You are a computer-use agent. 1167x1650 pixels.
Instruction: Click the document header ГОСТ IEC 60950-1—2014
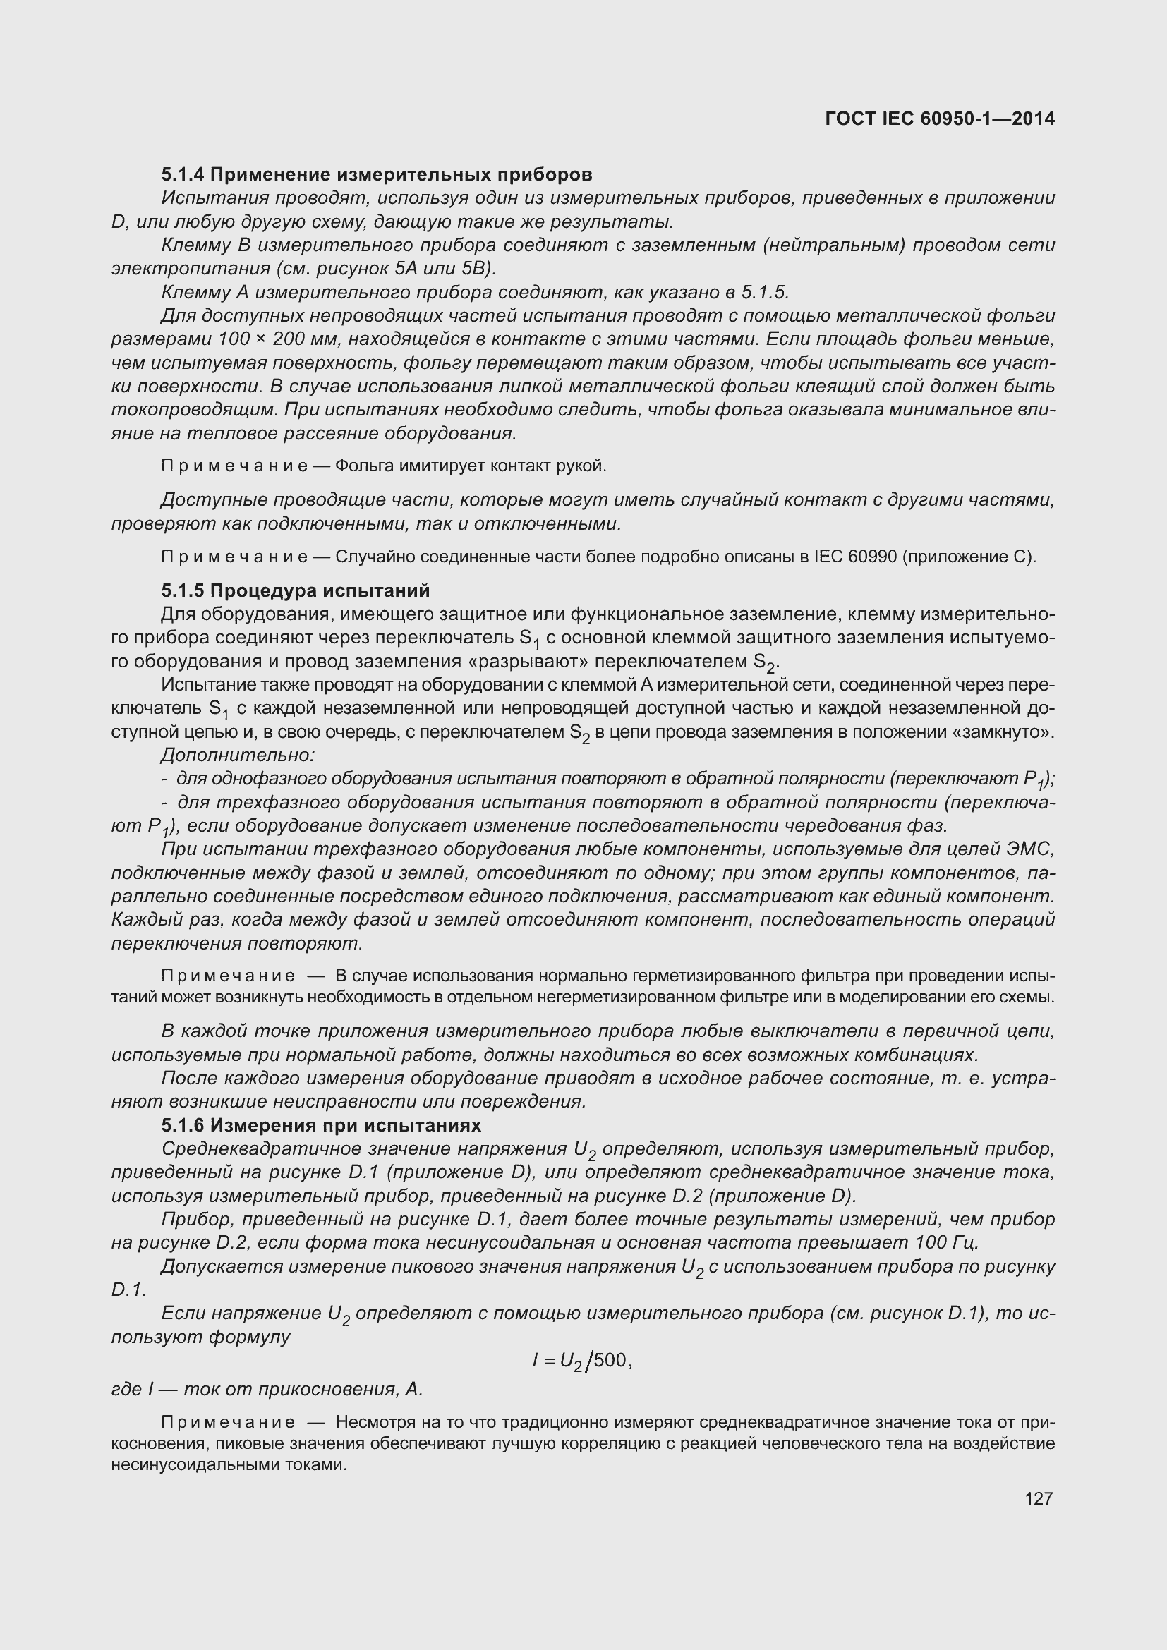pos(940,119)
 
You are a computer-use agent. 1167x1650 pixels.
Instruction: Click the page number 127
pos(1039,1498)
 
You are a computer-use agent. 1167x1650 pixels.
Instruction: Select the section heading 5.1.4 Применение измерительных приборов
pos(377,175)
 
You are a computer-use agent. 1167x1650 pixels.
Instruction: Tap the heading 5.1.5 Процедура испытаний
pos(296,590)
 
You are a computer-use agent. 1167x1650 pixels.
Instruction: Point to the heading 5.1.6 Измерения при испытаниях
pos(321,1124)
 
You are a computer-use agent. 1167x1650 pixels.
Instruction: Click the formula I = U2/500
pos(581,1360)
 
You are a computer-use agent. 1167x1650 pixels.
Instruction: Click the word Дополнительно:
pos(238,756)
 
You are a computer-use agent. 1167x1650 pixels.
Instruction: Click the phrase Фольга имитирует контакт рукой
pos(471,466)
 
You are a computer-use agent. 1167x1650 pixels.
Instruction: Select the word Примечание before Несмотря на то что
pos(228,1422)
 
